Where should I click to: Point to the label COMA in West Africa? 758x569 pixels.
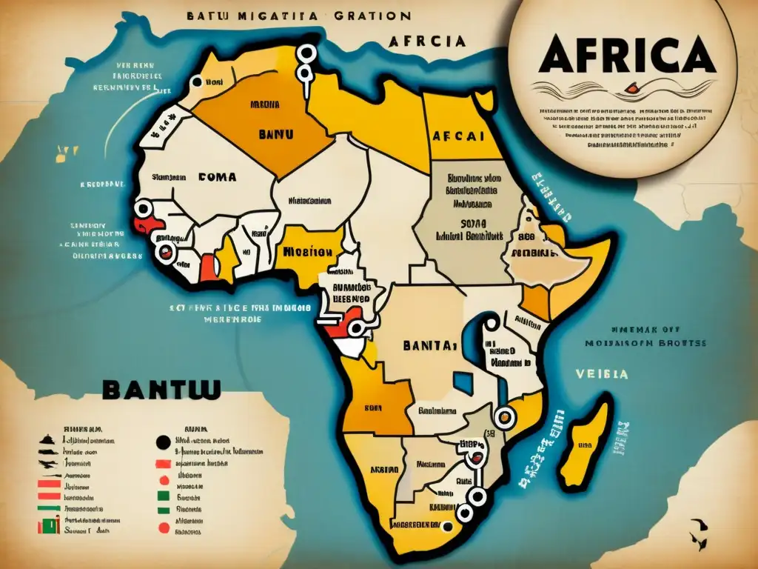217,177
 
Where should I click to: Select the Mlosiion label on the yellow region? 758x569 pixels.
306,251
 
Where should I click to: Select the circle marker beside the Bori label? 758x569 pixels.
197,83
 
